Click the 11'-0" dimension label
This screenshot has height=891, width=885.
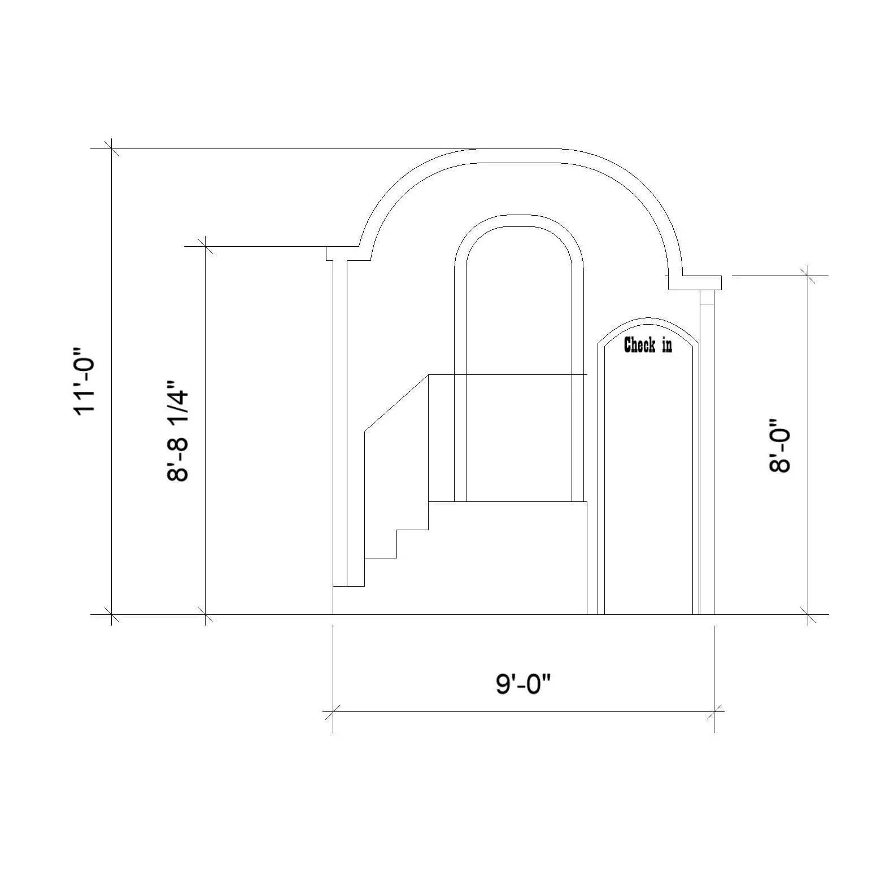pyautogui.click(x=86, y=381)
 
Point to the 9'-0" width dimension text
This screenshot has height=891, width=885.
pyautogui.click(x=523, y=685)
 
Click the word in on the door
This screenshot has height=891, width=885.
pyautogui.click(x=667, y=345)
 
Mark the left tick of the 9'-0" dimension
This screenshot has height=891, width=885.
pyautogui.click(x=333, y=712)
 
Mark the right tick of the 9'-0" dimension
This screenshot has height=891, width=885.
pyautogui.click(x=714, y=712)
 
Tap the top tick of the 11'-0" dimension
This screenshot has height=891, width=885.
pyautogui.click(x=112, y=149)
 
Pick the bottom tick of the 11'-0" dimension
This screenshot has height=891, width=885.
pyautogui.click(x=112, y=614)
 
